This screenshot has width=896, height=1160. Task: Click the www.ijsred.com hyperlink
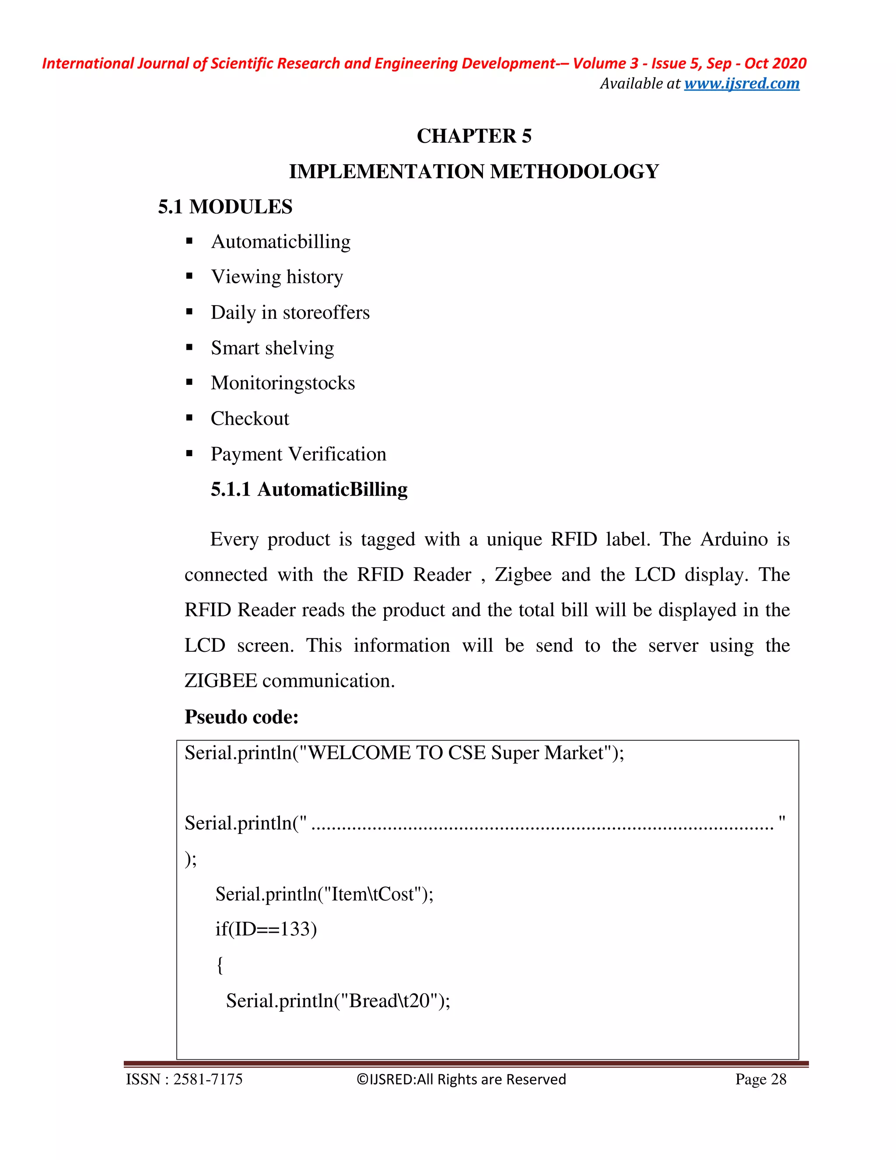pyautogui.click(x=741, y=83)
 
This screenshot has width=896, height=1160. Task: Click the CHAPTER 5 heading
pyautogui.click(x=473, y=136)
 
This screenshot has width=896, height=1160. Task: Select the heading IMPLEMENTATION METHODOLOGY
pyautogui.click(x=473, y=172)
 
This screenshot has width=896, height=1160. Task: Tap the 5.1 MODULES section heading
pyautogui.click(x=225, y=207)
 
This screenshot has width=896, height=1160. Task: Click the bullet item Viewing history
pyautogui.click(x=276, y=277)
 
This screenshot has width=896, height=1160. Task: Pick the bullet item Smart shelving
pyautogui.click(x=272, y=348)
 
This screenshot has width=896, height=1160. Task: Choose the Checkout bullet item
pyautogui.click(x=249, y=418)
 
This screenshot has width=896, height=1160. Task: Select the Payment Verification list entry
pyautogui.click(x=298, y=454)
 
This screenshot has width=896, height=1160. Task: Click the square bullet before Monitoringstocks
pyautogui.click(x=189, y=383)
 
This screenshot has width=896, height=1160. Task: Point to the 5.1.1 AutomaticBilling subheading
pyautogui.click(x=309, y=489)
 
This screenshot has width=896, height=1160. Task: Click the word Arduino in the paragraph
pyautogui.click(x=734, y=539)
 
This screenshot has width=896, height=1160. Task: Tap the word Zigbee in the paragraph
pyautogui.click(x=523, y=575)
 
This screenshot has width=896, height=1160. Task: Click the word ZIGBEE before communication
pyautogui.click(x=220, y=680)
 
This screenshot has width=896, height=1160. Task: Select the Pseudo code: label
pyautogui.click(x=241, y=717)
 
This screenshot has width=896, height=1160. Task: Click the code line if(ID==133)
pyautogui.click(x=266, y=928)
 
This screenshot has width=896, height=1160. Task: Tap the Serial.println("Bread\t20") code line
pyautogui.click(x=338, y=1001)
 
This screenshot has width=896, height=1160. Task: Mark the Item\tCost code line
pyautogui.click(x=324, y=894)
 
